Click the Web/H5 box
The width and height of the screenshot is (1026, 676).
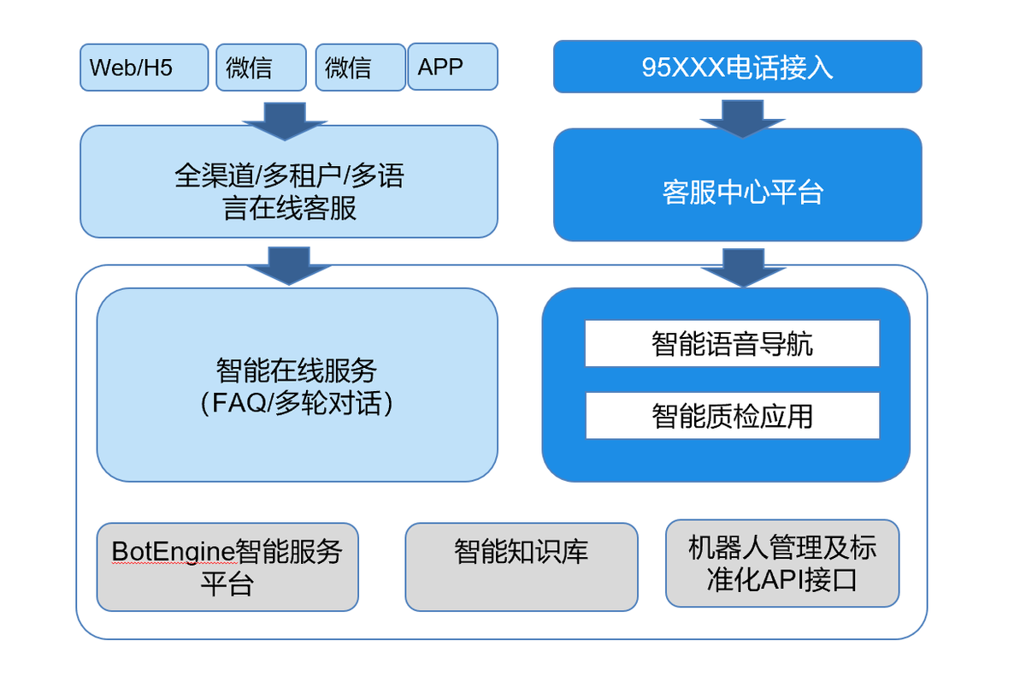tap(144, 67)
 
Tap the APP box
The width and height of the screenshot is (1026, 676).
tap(453, 67)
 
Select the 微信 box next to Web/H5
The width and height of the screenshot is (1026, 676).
tap(261, 67)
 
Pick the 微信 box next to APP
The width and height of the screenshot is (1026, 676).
tap(360, 67)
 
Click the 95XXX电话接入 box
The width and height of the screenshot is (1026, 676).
tap(737, 67)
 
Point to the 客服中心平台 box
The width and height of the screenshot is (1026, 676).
tap(737, 185)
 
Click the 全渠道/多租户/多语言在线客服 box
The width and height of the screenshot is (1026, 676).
tap(288, 181)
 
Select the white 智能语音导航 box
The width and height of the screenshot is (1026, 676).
tap(732, 343)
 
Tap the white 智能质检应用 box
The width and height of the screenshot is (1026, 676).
tap(732, 416)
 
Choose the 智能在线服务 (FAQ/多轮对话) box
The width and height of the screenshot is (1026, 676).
tap(297, 385)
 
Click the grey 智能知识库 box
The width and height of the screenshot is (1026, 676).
tap(522, 566)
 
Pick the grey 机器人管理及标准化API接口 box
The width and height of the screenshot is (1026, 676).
tap(781, 563)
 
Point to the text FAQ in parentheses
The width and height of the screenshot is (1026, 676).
tap(239, 403)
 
